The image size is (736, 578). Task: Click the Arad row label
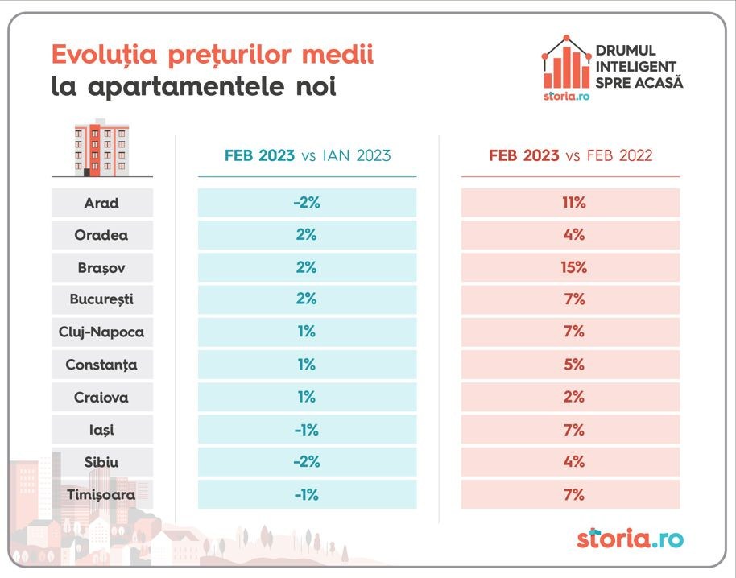tap(101, 203)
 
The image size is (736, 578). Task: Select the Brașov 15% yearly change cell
tap(574, 267)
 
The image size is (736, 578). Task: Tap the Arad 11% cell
tap(574, 203)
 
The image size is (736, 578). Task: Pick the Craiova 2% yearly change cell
tap(574, 397)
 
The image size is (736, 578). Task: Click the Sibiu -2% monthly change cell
tap(307, 462)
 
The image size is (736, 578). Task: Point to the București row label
tap(101, 299)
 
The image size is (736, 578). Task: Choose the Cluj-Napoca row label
tap(101, 332)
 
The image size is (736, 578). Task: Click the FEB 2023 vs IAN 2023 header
tap(307, 156)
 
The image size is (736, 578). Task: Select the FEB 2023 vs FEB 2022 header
tap(570, 156)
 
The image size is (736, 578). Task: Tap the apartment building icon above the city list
tap(101, 148)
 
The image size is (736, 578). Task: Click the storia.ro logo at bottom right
tap(630, 538)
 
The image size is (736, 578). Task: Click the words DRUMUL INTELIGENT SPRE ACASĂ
tap(639, 67)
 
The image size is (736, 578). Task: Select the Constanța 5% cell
tap(574, 365)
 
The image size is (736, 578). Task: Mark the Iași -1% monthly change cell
tap(307, 430)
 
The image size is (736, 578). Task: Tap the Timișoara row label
tap(101, 495)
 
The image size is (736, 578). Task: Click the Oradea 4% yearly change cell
tap(574, 235)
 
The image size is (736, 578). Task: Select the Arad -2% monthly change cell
tap(307, 203)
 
